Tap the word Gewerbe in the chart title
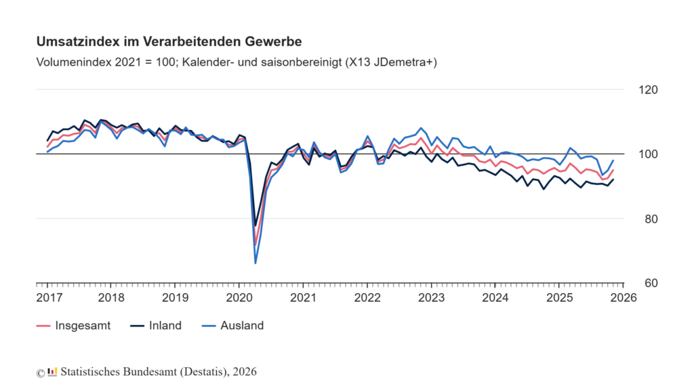click(x=272, y=42)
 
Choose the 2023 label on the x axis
click(x=431, y=298)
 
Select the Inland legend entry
click(x=165, y=326)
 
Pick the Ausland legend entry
click(x=242, y=326)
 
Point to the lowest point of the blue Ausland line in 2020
click(x=256, y=263)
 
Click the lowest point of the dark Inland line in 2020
click(x=256, y=225)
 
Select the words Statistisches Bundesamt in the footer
click(x=116, y=372)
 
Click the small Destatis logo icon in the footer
click(x=52, y=371)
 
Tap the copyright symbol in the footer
click(x=41, y=372)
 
